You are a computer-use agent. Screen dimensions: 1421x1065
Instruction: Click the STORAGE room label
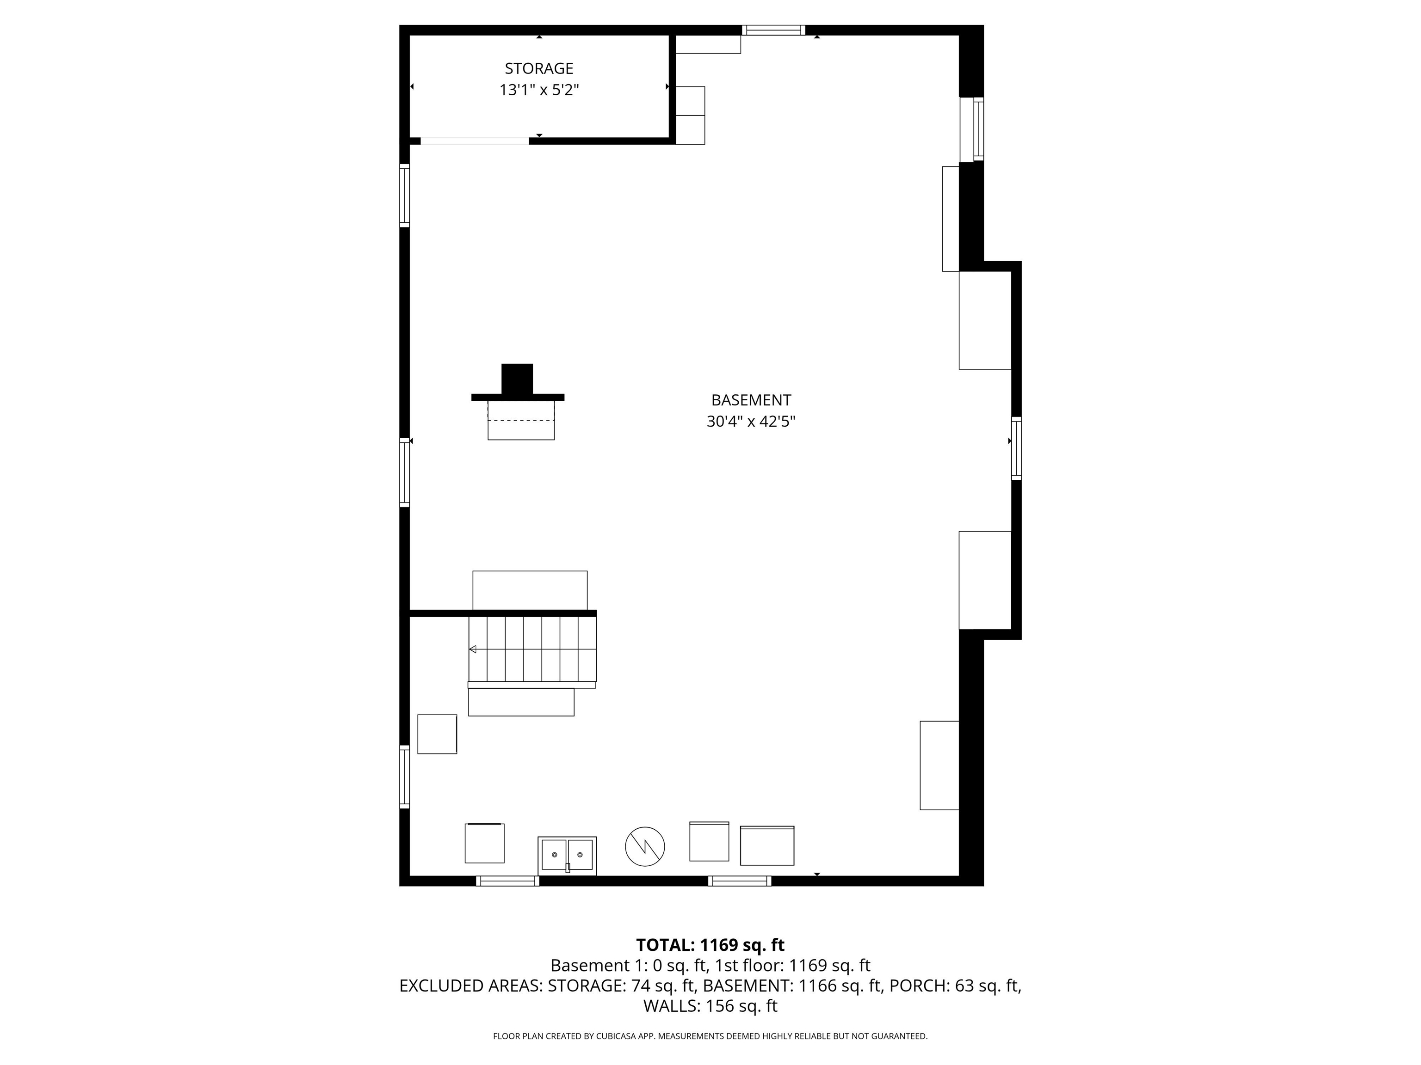[538, 68]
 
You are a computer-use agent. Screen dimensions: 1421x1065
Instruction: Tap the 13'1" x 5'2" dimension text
[539, 90]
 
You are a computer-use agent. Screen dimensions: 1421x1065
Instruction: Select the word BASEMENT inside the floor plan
[751, 400]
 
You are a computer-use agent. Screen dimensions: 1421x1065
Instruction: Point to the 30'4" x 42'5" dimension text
[751, 422]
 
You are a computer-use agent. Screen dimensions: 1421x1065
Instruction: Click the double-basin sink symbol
[567, 856]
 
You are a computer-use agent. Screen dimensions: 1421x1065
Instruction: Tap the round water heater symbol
[645, 846]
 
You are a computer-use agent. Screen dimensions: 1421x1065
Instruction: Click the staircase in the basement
[532, 649]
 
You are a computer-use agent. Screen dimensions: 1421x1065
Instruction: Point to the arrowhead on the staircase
[473, 649]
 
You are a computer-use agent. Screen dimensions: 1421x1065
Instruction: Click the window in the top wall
[773, 30]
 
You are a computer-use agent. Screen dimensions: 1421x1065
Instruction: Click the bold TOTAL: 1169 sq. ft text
[710, 945]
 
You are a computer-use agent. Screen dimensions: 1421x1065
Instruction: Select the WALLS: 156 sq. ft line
[710, 1006]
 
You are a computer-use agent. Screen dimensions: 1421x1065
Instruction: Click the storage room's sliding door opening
[475, 141]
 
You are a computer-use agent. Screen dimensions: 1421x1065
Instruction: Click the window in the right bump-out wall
[1016, 448]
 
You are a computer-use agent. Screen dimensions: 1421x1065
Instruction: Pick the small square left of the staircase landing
[437, 734]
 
